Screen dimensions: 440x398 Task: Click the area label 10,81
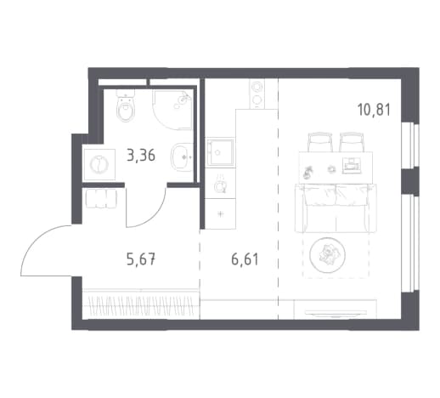click(374, 110)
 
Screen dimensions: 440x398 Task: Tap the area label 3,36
click(141, 156)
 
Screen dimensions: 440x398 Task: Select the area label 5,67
click(141, 259)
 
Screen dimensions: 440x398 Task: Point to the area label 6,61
click(245, 259)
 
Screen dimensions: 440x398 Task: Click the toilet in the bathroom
click(126, 107)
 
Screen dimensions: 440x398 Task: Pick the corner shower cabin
click(172, 110)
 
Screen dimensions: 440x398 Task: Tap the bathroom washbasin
click(182, 156)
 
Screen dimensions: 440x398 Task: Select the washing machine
click(99, 164)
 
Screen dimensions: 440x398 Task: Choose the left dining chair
click(319, 142)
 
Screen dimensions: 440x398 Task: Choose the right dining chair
click(351, 142)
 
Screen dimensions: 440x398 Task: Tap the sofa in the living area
click(336, 208)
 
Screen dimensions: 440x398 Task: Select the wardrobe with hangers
click(141, 304)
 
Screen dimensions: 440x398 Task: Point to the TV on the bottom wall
click(336, 313)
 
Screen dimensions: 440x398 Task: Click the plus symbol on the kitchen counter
click(221, 213)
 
